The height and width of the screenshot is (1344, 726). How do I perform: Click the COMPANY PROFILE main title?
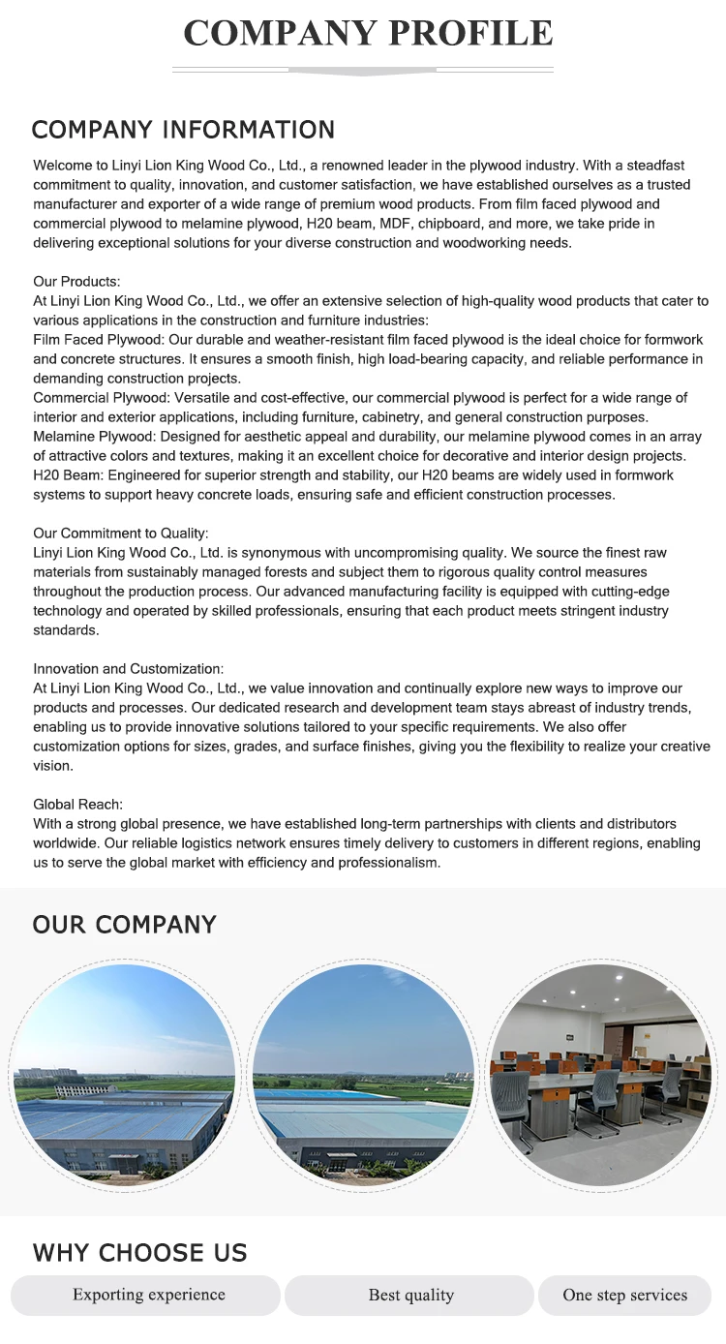pyautogui.click(x=368, y=33)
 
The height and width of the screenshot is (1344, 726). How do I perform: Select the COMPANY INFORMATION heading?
pyautogui.click(x=183, y=130)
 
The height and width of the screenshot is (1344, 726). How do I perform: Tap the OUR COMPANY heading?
pyautogui.click(x=124, y=925)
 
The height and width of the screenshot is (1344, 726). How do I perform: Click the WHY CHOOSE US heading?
pyautogui.click(x=139, y=1253)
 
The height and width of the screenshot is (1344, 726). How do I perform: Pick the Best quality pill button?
pyautogui.click(x=410, y=1296)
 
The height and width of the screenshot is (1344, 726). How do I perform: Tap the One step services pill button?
pyautogui.click(x=624, y=1296)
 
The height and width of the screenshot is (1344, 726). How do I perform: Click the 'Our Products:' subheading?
pyautogui.click(x=76, y=282)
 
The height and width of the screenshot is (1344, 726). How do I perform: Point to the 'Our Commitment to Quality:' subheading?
pyautogui.click(x=120, y=534)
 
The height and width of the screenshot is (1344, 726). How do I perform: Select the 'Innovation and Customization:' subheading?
pyautogui.click(x=128, y=669)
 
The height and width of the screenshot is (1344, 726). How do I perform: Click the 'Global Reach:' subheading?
pyautogui.click(x=77, y=805)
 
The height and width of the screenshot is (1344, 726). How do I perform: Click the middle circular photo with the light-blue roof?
pyautogui.click(x=363, y=1075)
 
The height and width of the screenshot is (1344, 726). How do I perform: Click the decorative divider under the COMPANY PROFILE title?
pyautogui.click(x=363, y=71)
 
